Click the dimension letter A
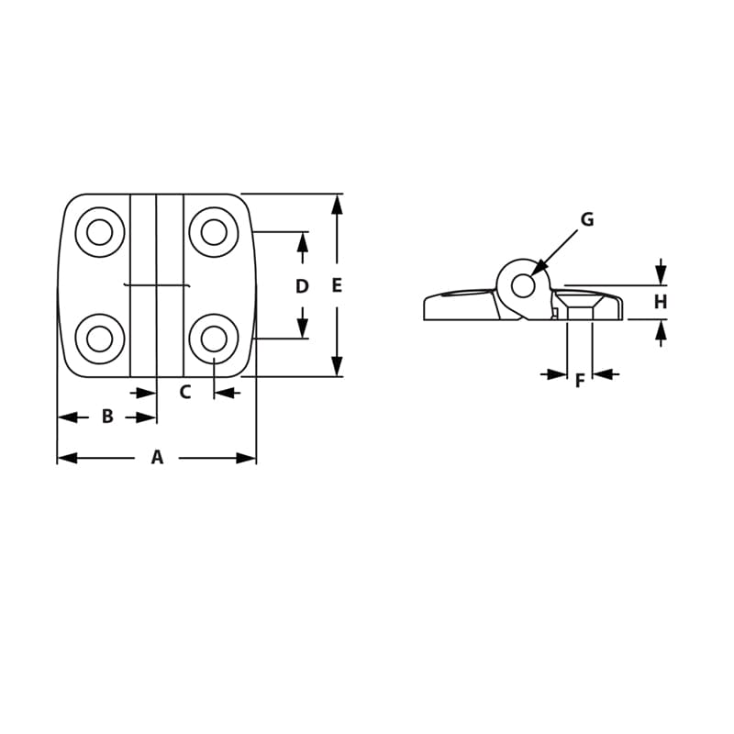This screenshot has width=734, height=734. (x=157, y=457)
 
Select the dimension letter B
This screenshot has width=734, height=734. (x=107, y=417)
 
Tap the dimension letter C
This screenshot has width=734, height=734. (x=184, y=393)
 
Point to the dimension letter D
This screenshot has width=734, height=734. (x=302, y=286)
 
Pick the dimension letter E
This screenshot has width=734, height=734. (x=337, y=286)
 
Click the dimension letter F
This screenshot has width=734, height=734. (x=579, y=381)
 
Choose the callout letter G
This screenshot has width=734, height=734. (x=587, y=219)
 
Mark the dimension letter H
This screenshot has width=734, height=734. (x=661, y=302)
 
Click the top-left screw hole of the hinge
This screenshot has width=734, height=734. (x=99, y=232)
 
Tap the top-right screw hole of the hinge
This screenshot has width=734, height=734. (x=214, y=232)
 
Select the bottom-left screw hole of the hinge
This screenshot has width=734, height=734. (x=99, y=339)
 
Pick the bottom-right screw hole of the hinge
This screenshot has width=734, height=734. (x=214, y=339)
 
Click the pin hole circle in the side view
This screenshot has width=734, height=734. (x=523, y=286)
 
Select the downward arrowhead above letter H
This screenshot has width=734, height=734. (x=661, y=274)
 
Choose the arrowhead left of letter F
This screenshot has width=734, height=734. (x=556, y=373)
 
